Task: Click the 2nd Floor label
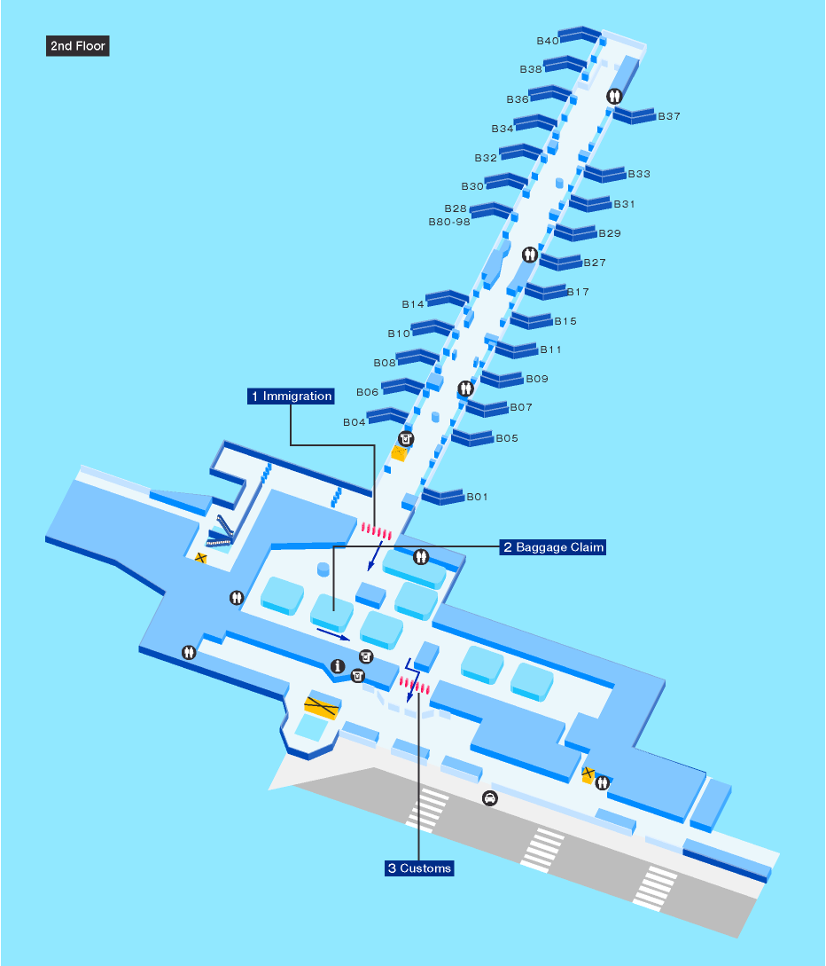77,46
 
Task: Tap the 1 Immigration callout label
292,397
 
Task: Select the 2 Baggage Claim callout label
553,547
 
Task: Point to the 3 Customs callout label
419,868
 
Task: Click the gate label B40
548,41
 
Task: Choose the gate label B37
669,116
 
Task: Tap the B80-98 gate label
449,222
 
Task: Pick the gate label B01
478,497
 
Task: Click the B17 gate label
578,292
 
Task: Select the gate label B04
355,422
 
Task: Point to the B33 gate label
639,174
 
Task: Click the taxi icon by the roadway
489,798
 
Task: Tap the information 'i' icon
337,666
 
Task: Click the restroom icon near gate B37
613,96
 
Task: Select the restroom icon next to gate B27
530,255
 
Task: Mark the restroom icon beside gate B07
465,389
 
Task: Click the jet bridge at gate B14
447,297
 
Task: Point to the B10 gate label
399,334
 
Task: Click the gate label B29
610,233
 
